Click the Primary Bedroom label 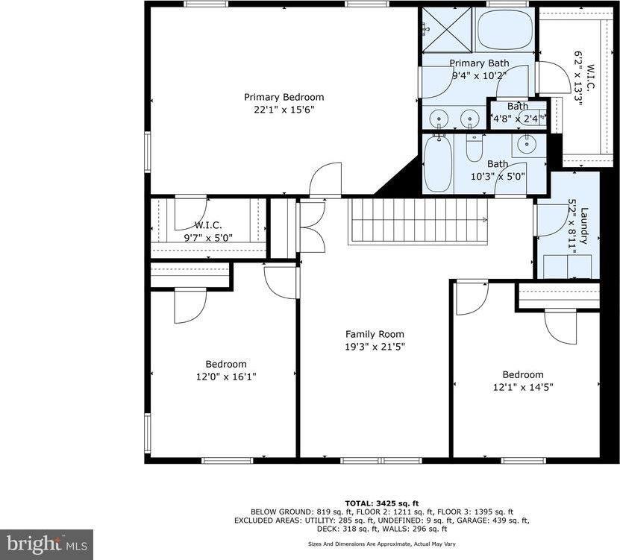284,97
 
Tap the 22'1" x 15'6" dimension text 284,110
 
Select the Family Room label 375,334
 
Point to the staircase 418,221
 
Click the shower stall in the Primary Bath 447,30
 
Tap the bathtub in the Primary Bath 504,30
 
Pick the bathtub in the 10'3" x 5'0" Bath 437,163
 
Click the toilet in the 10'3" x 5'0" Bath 475,148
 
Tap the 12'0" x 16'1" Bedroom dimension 221,377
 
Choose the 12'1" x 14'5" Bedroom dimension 522,387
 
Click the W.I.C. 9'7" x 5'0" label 209,231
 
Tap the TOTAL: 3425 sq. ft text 381,503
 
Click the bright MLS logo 46,544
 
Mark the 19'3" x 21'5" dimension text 375,347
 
